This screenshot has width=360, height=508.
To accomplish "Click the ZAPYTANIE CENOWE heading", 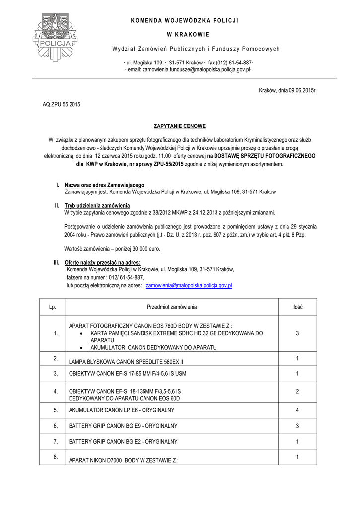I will click(179, 127).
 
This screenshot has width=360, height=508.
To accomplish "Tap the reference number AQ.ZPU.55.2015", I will click(62, 105).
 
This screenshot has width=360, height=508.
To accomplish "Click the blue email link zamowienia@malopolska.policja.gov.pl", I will click(189, 286).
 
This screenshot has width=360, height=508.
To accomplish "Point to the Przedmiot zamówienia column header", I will click(172, 307).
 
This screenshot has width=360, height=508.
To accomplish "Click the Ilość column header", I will click(297, 307).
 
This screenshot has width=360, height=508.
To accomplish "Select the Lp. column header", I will click(53, 307).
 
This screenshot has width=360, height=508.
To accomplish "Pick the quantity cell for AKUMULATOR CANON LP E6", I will click(297, 410).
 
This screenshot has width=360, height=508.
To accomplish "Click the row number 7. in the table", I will click(56, 441).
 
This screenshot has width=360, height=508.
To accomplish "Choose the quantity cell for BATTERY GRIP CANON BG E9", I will click(297, 426).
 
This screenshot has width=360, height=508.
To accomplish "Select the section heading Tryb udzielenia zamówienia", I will click(97, 205).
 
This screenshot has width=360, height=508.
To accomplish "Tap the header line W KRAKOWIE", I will click(179, 35).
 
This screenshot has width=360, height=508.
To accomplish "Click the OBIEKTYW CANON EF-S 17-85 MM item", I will click(128, 373).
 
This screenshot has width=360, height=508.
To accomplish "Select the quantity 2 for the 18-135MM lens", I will click(297, 392).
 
